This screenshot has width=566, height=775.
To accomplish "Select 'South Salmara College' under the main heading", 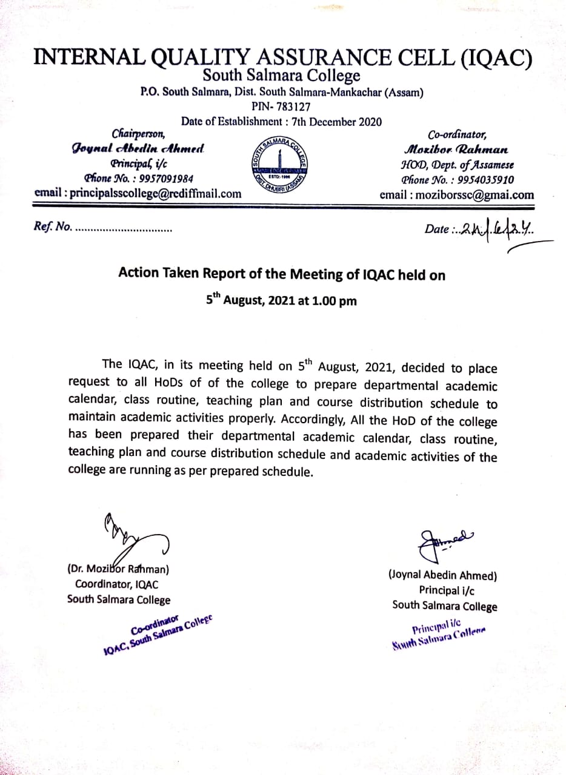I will tap(281, 76).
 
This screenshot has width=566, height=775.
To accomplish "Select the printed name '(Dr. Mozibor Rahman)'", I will tap(118, 569).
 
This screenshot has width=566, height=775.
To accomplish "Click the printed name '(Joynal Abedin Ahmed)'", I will tap(443, 575).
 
